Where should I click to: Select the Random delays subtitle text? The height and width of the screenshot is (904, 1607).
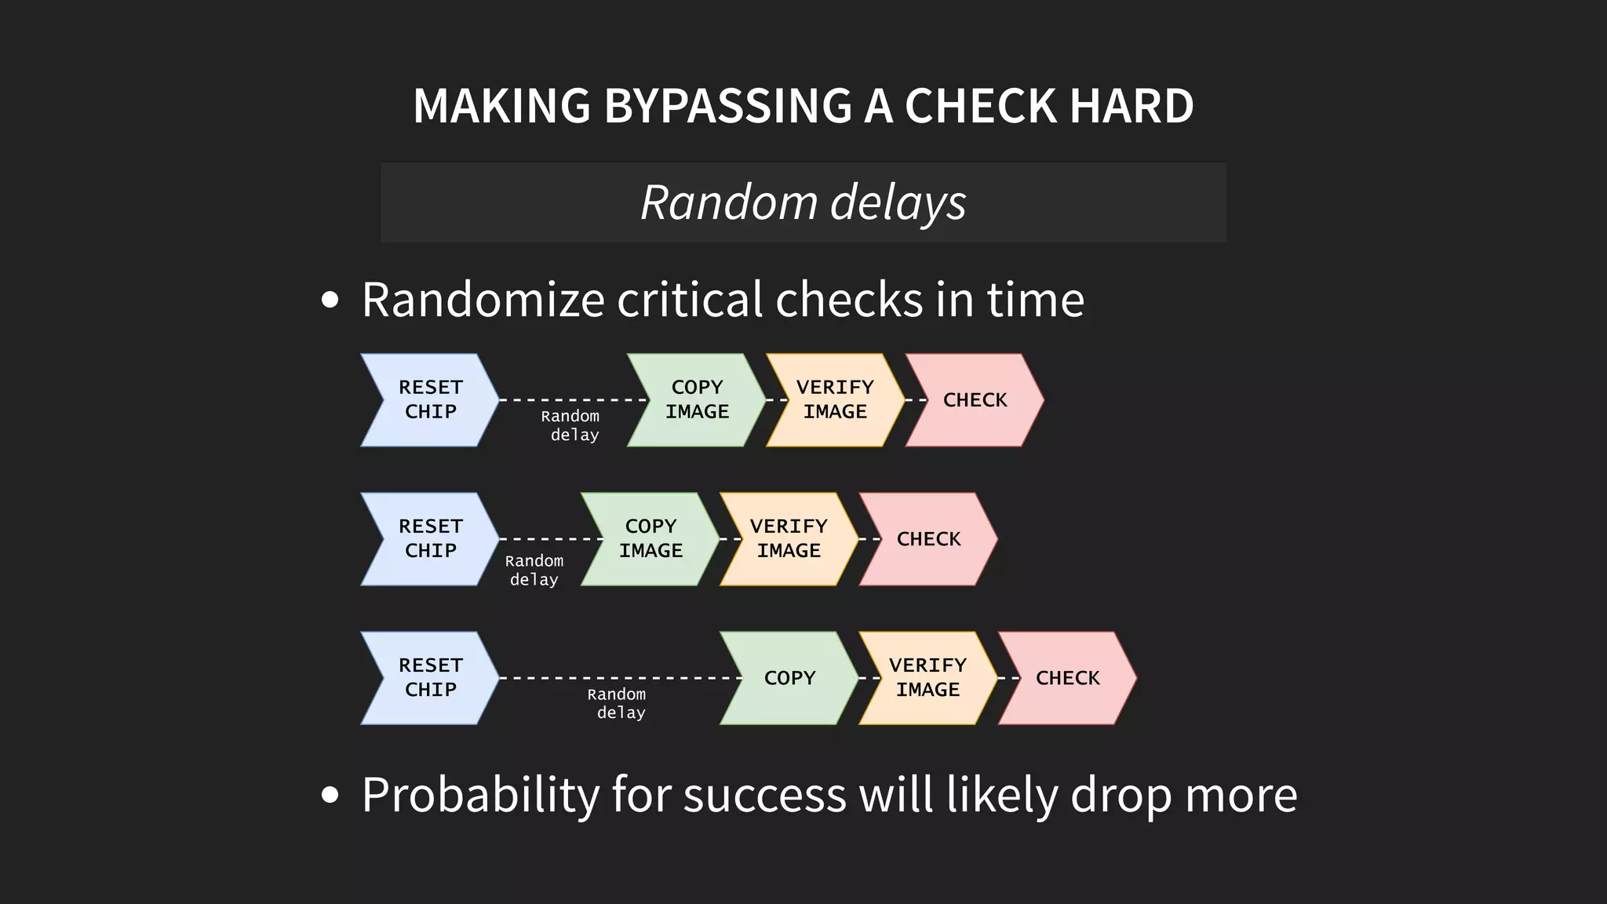803,202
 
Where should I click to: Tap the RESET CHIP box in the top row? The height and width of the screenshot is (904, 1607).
430,400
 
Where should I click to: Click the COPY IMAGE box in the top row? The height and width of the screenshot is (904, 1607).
697,400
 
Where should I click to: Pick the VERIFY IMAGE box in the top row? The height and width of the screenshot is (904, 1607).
835,400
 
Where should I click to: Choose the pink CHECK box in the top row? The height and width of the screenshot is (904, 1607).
975,400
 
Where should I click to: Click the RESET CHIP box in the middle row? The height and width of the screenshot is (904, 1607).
430,539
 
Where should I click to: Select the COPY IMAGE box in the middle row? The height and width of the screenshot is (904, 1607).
650,539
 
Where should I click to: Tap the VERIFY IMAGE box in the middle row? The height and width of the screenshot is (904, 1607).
789,539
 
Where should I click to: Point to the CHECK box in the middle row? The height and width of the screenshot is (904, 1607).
928,539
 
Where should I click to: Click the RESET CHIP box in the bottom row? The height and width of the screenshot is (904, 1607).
430,678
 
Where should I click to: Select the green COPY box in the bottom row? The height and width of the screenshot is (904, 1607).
789,678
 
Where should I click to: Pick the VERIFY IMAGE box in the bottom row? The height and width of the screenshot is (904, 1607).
927,678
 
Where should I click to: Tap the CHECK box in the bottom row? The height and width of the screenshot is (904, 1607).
1067,678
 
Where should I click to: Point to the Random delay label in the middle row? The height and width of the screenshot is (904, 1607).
534,570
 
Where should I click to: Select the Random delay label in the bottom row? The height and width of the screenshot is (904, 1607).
618,703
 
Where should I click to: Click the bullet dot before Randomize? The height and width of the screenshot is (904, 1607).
330,300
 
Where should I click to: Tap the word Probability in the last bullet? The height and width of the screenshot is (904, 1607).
480,795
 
